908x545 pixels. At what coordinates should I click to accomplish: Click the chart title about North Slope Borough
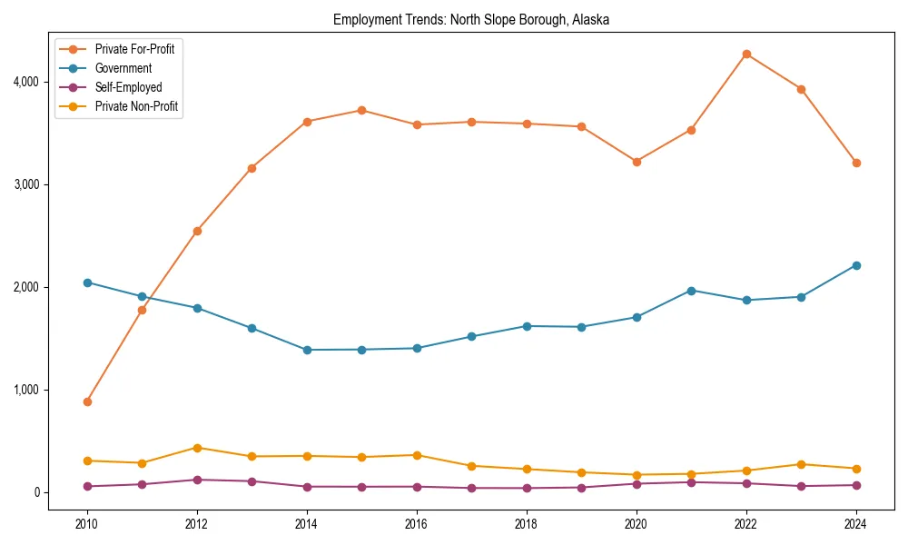[471, 19]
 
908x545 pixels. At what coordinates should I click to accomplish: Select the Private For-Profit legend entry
[134, 49]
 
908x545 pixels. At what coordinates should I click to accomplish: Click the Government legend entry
[123, 68]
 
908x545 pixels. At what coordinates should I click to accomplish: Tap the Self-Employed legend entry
[128, 87]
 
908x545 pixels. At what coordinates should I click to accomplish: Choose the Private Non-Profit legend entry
[136, 106]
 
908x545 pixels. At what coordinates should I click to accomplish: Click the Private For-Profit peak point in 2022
[746, 54]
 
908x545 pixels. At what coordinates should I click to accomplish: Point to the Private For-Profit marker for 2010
[87, 401]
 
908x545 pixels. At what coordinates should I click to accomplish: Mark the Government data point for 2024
[856, 265]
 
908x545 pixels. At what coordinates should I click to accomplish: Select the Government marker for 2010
[87, 282]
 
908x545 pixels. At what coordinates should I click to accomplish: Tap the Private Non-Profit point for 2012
[197, 448]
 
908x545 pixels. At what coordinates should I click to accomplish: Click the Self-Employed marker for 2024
[856, 485]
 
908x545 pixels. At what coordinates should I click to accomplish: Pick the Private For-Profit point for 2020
[637, 162]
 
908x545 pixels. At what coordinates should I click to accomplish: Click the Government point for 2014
[307, 350]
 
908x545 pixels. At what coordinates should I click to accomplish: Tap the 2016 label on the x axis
[417, 524]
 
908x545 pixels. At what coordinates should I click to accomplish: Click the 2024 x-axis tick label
[856, 524]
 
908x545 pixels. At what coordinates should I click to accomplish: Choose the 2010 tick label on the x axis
[87, 524]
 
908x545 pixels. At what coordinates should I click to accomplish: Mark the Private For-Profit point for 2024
[856, 163]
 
